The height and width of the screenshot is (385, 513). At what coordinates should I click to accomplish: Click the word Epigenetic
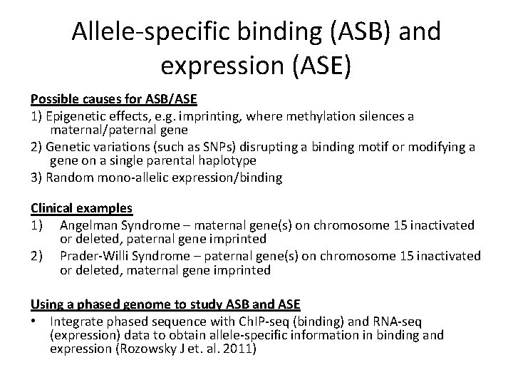tap(78, 115)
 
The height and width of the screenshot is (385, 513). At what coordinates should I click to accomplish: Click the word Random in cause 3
tap(67, 178)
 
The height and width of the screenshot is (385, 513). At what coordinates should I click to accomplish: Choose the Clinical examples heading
tap(81, 208)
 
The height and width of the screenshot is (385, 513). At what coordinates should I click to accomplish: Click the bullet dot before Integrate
tap(34, 320)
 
